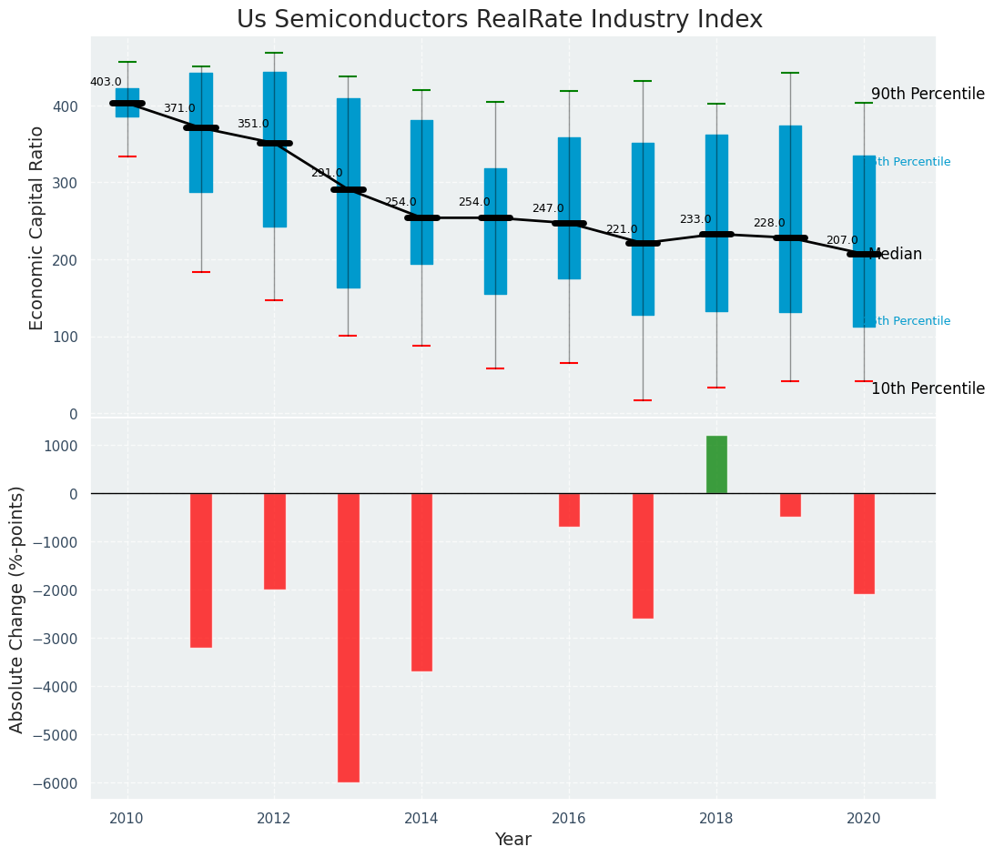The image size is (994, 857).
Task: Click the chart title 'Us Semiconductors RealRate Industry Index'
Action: (x=499, y=20)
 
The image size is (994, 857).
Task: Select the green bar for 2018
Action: (x=716, y=465)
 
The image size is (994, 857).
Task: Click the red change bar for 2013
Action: (x=348, y=637)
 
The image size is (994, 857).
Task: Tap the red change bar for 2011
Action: (x=201, y=570)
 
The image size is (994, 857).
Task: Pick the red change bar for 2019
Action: (x=790, y=505)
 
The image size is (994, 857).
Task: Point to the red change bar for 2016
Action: (x=569, y=509)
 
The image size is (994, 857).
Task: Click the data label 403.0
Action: (x=106, y=83)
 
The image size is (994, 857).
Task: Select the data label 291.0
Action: (x=327, y=173)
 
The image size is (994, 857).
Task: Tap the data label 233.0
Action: (x=695, y=220)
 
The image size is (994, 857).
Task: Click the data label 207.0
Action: (x=842, y=241)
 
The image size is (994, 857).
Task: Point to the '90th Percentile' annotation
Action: (x=928, y=95)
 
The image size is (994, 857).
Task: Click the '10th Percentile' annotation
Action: (x=928, y=389)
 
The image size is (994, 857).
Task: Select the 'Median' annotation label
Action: (x=897, y=255)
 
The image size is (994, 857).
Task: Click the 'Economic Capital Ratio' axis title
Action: (x=37, y=227)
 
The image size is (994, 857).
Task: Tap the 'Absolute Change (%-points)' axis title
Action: (x=17, y=609)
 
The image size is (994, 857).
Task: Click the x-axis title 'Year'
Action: (x=512, y=840)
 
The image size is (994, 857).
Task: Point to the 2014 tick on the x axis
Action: (x=421, y=819)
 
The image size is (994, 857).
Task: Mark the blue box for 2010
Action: (x=127, y=103)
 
